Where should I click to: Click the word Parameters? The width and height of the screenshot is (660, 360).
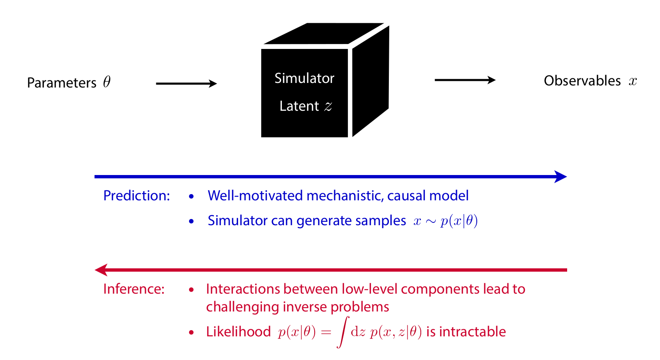pos(61,83)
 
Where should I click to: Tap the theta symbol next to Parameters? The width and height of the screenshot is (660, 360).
pos(107,82)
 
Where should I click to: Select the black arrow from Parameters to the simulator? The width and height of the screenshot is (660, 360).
pos(186,84)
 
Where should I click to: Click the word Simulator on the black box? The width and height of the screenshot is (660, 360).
pos(304,78)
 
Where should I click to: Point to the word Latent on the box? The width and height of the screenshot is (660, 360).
pos(299,106)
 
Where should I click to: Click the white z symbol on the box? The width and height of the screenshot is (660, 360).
pos(328,107)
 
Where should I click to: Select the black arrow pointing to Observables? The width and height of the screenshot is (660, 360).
pos(465,80)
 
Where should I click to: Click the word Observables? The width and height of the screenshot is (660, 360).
pos(582,81)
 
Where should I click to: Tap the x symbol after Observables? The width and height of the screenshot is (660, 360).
pos(633,81)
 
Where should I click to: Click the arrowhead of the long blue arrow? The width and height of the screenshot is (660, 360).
pos(561,177)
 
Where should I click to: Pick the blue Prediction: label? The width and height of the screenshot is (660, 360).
pos(136,196)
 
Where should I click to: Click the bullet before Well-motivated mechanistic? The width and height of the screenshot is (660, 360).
pos(191,196)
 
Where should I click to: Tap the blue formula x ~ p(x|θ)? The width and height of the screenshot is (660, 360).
pos(446,221)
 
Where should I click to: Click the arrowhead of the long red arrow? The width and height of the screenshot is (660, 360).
pos(101,270)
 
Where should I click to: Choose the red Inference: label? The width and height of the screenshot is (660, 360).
pos(133,289)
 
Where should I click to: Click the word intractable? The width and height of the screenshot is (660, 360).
pos(472,332)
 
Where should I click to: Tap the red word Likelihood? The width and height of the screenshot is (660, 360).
pos(238,332)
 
